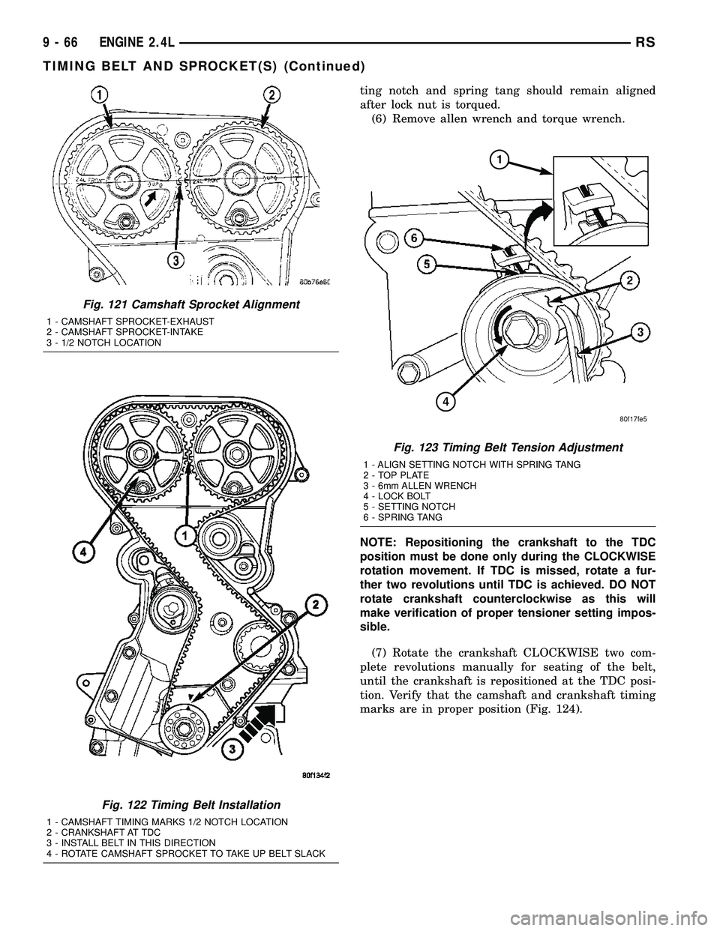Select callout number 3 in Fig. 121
pyautogui.click(x=173, y=261)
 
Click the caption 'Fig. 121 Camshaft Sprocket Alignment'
pyautogui.click(x=188, y=304)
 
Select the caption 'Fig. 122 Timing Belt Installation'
pyautogui.click(x=177, y=804)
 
